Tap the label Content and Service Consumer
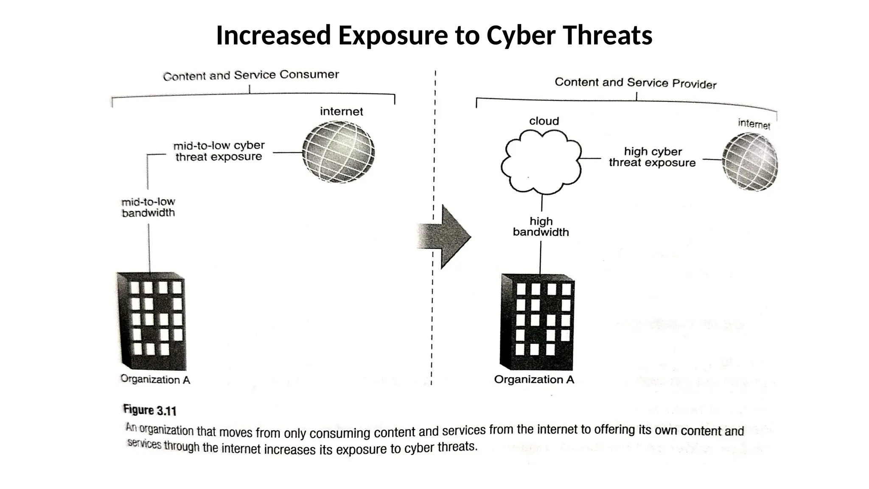[x=251, y=75]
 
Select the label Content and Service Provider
[x=635, y=83]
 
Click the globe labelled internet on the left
[x=338, y=152]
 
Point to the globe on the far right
[x=750, y=162]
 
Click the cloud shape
[x=541, y=162]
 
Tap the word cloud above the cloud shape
[x=544, y=121]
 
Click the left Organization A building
[x=151, y=321]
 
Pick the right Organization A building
[x=538, y=322]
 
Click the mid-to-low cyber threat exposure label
[x=219, y=151]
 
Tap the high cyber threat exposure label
[x=652, y=157]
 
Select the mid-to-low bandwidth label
[x=148, y=207]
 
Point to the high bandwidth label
[x=541, y=227]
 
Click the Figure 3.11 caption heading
[x=149, y=410]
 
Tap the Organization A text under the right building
[x=534, y=379]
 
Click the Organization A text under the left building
[x=155, y=379]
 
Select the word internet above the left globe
[x=341, y=112]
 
